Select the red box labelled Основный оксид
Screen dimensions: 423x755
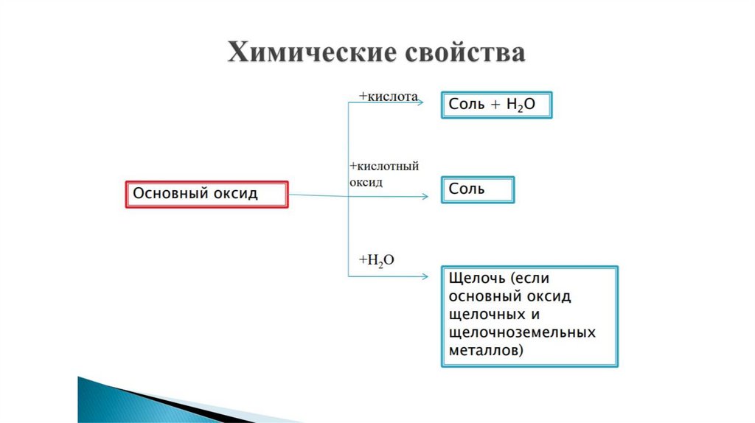pos(206,195)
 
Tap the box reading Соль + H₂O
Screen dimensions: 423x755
pos(495,105)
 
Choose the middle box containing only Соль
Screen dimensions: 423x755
pos(477,189)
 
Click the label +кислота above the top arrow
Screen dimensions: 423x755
pos(389,97)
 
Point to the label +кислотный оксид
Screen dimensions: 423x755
pos(379,174)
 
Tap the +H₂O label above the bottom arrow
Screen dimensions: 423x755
pos(377,259)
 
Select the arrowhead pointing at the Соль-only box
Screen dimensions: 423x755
pos(425,197)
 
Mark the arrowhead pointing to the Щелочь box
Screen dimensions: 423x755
pos(425,277)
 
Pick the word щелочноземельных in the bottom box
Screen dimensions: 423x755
pos(522,332)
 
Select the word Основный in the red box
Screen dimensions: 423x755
pos(167,194)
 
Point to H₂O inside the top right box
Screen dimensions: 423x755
pos(521,105)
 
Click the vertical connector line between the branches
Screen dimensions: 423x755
pos(348,221)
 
